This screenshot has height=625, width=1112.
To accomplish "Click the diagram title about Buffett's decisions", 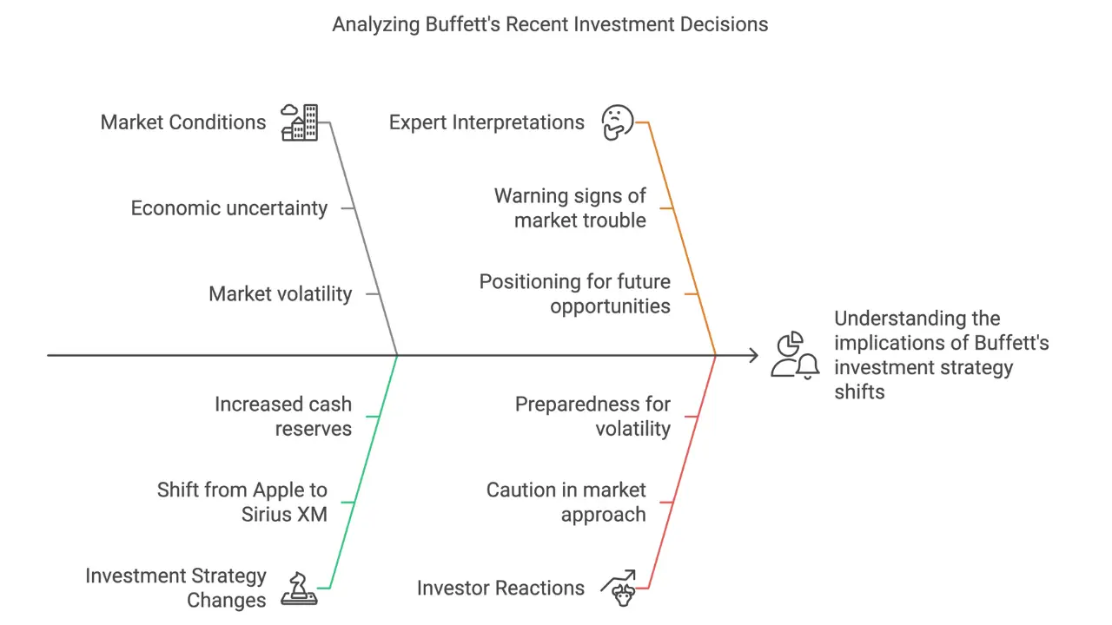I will (x=550, y=24).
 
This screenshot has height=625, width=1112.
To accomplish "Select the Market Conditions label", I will (x=183, y=122).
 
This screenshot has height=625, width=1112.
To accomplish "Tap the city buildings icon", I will (x=300, y=122).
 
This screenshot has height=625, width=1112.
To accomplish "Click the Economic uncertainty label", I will (x=229, y=208).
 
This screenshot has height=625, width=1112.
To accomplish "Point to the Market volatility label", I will (x=280, y=293).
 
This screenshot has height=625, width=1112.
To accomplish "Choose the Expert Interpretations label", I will (x=486, y=122).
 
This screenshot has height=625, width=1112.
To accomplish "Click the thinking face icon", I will (x=618, y=122).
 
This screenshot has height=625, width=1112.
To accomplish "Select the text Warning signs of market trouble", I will (x=571, y=208).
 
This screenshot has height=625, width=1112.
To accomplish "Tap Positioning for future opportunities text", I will (x=575, y=293).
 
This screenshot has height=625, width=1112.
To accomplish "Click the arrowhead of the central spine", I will (x=752, y=355).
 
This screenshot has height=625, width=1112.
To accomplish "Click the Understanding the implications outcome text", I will (x=942, y=355).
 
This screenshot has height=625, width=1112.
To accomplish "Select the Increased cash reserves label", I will (x=283, y=416).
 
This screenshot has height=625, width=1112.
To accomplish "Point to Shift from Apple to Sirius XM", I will (x=242, y=502).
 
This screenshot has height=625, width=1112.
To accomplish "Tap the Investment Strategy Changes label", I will (x=175, y=588).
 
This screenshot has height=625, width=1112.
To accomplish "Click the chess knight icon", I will (x=300, y=588).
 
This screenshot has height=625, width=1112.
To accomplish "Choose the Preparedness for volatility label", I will (x=592, y=416).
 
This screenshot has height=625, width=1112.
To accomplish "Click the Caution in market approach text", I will (x=566, y=502).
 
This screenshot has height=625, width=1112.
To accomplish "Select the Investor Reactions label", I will (x=500, y=588).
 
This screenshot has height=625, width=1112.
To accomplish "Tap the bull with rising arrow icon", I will (x=618, y=587).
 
